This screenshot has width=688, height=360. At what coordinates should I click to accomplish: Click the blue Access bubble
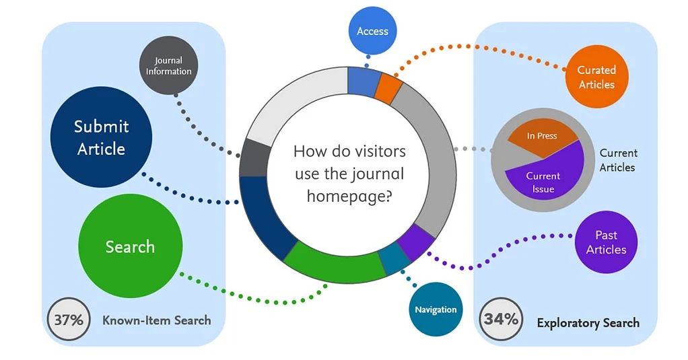(x=372, y=32)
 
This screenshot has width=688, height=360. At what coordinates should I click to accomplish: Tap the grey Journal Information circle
(x=168, y=66)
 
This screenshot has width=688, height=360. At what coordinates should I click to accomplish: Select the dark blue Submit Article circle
(x=101, y=137)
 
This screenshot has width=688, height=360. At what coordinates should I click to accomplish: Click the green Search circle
(x=130, y=247)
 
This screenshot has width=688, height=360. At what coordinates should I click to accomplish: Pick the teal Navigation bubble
(x=435, y=310)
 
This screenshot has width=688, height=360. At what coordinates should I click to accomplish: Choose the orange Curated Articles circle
(x=596, y=77)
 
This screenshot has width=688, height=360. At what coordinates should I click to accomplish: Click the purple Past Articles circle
(x=606, y=242)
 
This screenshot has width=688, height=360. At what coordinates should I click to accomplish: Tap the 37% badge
(x=67, y=320)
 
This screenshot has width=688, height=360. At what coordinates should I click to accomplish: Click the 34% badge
(x=501, y=319)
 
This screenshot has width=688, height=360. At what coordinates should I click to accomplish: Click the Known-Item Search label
(x=156, y=320)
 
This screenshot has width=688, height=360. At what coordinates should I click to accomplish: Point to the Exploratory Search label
(x=588, y=323)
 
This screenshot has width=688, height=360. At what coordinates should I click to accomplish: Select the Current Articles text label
(x=617, y=160)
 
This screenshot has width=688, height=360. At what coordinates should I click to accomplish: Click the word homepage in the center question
(x=350, y=196)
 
